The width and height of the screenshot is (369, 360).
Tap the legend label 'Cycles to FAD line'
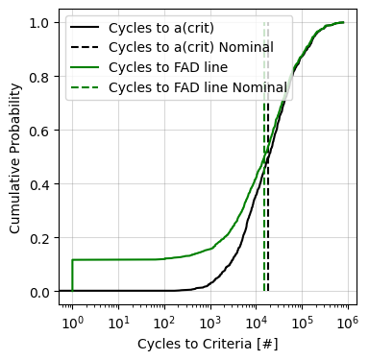coord(168,67)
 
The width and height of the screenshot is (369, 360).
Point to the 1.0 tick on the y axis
coord(41,22)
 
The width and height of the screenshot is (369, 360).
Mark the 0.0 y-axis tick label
coord(41,291)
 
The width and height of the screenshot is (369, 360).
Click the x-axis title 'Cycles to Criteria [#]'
coord(208,343)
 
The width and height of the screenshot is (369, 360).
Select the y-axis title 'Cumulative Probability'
coord(14,157)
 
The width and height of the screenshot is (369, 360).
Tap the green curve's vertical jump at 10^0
coord(72,276)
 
